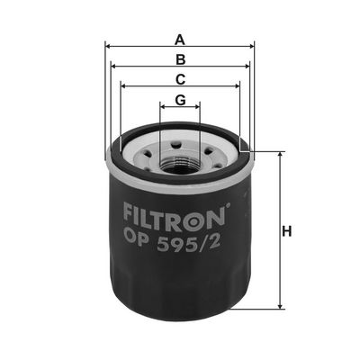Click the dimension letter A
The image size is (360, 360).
180,40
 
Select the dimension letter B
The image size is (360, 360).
180,59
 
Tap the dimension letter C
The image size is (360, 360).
180,79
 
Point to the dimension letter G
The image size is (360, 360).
180,100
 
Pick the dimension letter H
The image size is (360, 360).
287,231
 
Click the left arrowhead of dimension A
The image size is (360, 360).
109,47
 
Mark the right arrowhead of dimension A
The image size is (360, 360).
251,47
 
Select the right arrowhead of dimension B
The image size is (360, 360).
247,67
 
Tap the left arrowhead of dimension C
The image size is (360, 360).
123,86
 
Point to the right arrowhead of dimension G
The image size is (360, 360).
197,106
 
